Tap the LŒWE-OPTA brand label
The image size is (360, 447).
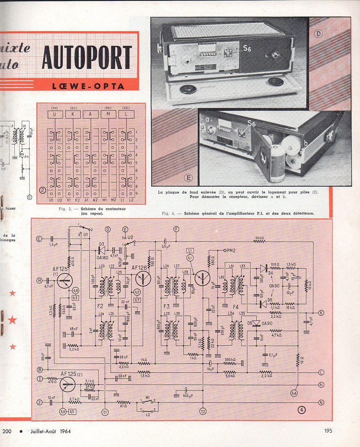(88, 86)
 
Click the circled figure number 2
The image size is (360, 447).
(42, 190)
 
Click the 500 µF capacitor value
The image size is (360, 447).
(188, 396)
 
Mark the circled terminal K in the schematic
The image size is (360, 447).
(321, 313)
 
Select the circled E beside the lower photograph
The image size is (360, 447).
(189, 178)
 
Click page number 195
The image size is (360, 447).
(328, 431)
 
